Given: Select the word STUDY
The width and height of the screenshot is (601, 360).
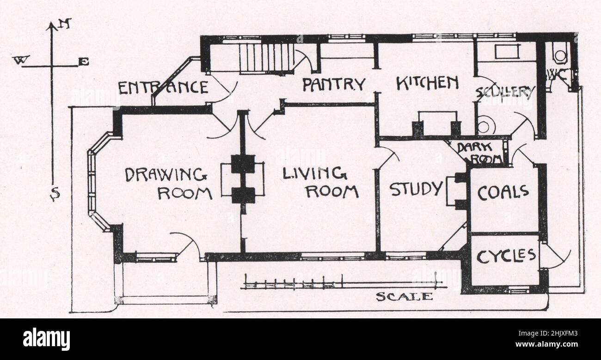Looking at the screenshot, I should tap(416, 189).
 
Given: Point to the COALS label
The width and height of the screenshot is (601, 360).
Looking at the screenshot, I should tap(503, 192).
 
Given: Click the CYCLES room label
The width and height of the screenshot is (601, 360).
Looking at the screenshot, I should tap(506, 256).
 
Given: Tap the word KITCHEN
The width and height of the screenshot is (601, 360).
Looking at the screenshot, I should tap(428, 83).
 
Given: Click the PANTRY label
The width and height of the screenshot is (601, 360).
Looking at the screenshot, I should tap(334, 84).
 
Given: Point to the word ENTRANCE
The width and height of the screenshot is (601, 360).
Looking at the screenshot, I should tap(163, 87).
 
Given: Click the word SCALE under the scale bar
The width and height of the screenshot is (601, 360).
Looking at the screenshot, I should tap(404, 297).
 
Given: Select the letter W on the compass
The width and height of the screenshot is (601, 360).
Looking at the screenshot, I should tap(21, 60).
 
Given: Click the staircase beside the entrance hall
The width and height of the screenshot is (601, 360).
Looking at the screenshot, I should tap(266, 58).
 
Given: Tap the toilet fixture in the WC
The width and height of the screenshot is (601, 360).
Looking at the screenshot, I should tap(560, 55).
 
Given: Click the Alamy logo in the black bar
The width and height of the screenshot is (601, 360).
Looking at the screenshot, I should tap(46, 339).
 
